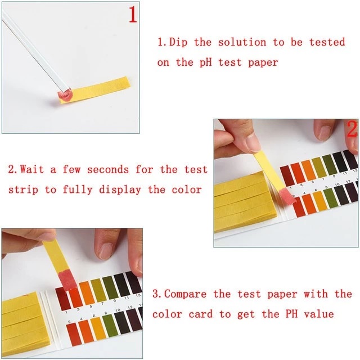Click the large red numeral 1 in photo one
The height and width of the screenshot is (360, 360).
coord(133,14)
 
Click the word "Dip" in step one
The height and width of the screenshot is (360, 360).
coord(178,43)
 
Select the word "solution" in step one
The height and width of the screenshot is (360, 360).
coord(242,42)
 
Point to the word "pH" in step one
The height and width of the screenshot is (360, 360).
coord(205,62)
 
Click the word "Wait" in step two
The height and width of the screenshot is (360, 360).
coord(31,169)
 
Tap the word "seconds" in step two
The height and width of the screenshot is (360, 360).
coord(107,170)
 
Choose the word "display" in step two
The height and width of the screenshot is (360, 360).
coord(120,190)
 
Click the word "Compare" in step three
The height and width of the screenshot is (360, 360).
coord(185,294)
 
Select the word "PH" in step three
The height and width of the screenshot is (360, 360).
coord(291,314)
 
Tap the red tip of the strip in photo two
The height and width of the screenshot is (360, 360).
coord(287,195)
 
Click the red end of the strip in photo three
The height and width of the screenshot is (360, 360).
coord(67,281)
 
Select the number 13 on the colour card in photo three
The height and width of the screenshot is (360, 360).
coord(138,295)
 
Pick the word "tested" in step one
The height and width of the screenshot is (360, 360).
coord(327,42)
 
